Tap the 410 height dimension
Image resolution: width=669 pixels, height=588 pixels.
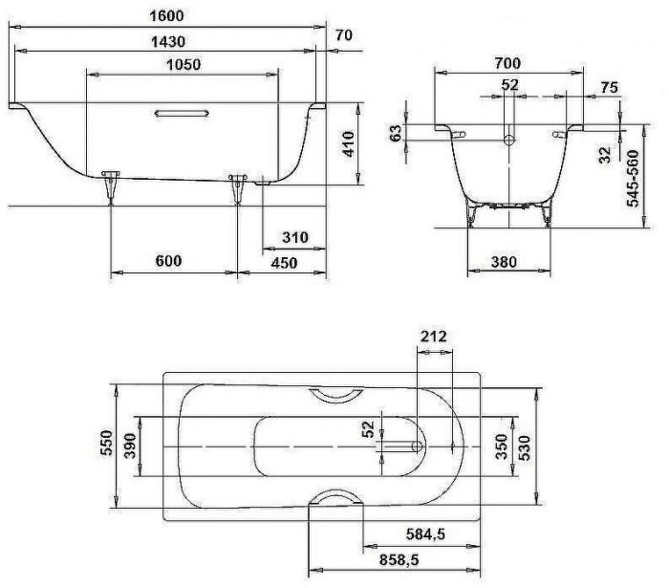pyautogui.click(x=350, y=143)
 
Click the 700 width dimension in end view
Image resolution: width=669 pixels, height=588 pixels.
pyautogui.click(x=508, y=63)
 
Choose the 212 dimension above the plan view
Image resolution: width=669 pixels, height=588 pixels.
pyautogui.click(x=432, y=338)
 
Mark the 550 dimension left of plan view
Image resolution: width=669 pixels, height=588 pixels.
pyautogui.click(x=106, y=446)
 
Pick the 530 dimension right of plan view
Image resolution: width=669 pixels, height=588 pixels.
pyautogui.click(x=526, y=446)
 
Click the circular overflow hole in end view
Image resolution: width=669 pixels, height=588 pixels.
pyautogui.click(x=509, y=141)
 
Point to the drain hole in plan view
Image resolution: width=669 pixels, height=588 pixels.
pyautogui.click(x=417, y=446)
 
